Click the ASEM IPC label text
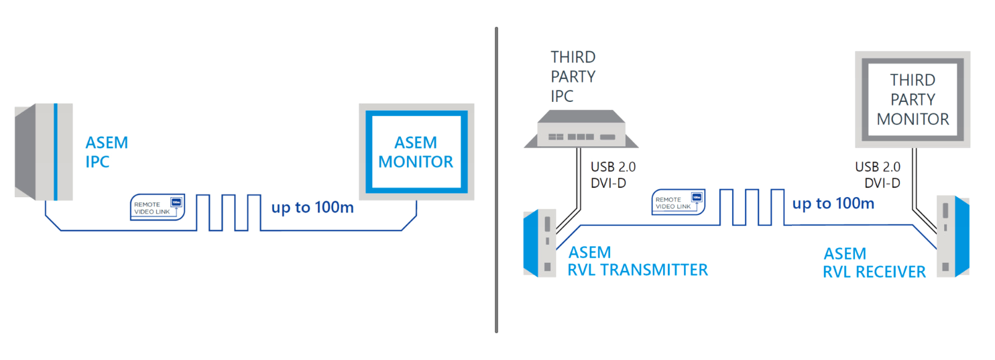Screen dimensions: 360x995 (x=107, y=152)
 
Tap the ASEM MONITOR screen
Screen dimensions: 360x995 (x=416, y=152)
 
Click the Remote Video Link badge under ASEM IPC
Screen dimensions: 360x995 (x=157, y=208)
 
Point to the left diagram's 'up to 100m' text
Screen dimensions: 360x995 (x=312, y=207)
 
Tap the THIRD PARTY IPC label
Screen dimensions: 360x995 (x=573, y=76)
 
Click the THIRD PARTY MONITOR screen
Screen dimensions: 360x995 (x=913, y=99)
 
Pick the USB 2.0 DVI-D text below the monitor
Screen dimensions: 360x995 (x=878, y=175)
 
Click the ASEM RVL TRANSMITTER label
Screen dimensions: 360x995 (x=637, y=261)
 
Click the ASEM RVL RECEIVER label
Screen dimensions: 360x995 (x=874, y=263)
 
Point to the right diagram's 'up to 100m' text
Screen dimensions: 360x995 (x=833, y=203)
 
